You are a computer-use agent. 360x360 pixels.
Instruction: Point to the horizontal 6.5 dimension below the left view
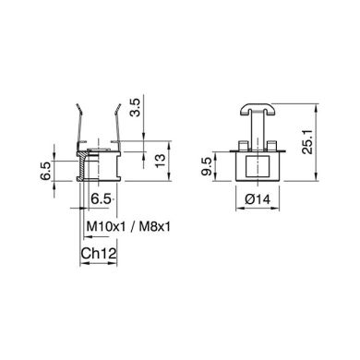tap(101, 198)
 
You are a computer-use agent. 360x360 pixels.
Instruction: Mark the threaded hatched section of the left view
tap(82, 171)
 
